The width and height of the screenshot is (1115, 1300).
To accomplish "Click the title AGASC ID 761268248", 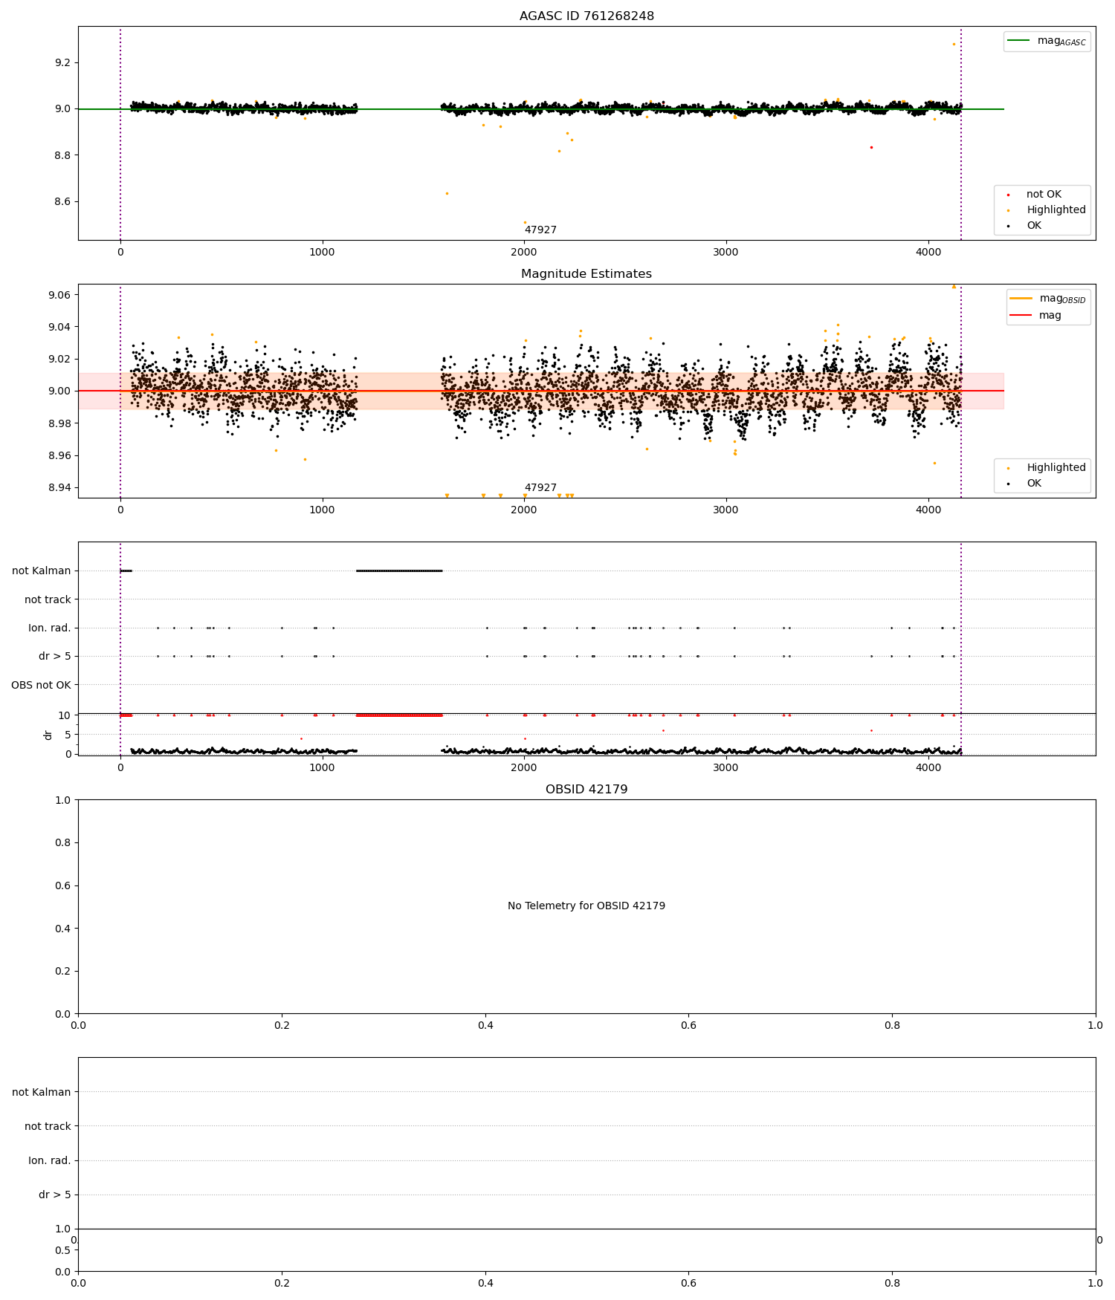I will pyautogui.click(x=586, y=16).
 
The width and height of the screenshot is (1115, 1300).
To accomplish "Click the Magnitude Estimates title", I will pyautogui.click(x=586, y=274).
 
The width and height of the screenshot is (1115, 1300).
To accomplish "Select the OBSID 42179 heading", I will pyautogui.click(x=586, y=790).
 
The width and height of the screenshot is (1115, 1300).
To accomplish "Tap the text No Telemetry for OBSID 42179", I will pyautogui.click(x=586, y=906).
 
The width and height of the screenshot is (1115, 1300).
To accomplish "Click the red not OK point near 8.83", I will pyautogui.click(x=871, y=147).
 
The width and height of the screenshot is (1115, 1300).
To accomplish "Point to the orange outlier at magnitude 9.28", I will pyautogui.click(x=954, y=44).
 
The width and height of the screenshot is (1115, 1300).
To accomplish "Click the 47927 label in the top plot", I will pyautogui.click(x=540, y=230).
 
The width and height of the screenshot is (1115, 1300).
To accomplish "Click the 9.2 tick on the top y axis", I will pyautogui.click(x=62, y=62).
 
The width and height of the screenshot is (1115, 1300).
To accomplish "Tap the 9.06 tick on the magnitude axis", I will pyautogui.click(x=59, y=295).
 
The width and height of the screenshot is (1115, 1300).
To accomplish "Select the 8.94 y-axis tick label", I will pyautogui.click(x=59, y=488).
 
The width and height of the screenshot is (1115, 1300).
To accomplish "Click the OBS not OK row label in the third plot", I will pyautogui.click(x=41, y=685).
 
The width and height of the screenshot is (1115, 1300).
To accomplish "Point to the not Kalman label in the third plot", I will pyautogui.click(x=41, y=571).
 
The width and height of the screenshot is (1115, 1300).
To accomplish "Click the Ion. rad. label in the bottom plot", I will pyautogui.click(x=49, y=1160).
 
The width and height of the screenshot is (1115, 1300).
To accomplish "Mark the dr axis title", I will pyautogui.click(x=48, y=735).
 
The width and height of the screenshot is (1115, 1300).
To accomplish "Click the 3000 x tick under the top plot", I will pyautogui.click(x=725, y=252).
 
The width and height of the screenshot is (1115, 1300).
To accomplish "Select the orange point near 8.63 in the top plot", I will pyautogui.click(x=447, y=193).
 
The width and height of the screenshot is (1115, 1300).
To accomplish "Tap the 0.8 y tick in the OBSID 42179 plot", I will pyautogui.click(x=62, y=842).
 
